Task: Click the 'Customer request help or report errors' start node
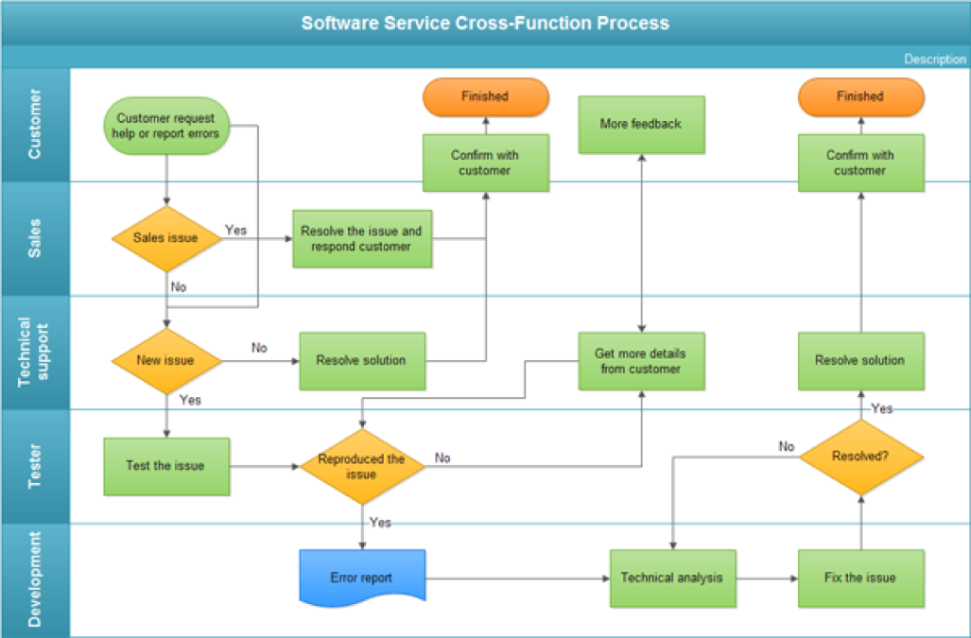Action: pos(166,126)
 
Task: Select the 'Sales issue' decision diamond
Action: pos(166,238)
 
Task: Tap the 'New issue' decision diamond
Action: pos(166,360)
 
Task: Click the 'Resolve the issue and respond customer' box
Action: pos(361,238)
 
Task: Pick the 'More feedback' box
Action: pos(641,124)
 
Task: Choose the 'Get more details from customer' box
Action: pos(641,361)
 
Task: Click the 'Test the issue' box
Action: pos(166,466)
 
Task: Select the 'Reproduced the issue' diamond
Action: pos(361,466)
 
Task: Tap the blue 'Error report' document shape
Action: pos(361,578)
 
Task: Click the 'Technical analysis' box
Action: pos(672,578)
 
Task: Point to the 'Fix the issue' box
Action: pos(860,578)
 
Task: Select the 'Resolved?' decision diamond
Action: pos(860,456)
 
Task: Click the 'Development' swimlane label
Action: pos(35,579)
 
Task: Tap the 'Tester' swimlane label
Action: pos(35,466)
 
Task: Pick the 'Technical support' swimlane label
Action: pos(35,353)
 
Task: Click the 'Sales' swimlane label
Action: pos(35,238)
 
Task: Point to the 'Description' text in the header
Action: pos(934,60)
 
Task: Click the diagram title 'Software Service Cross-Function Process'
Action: pos(485,23)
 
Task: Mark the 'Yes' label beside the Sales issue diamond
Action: pos(235,230)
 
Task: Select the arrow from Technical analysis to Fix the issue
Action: pos(767,578)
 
